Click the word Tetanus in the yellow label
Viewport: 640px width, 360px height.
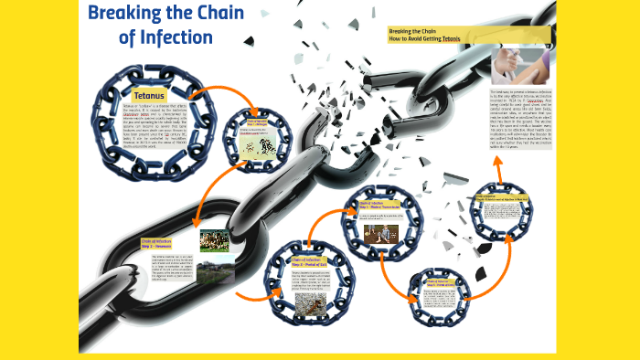click(x=148, y=95)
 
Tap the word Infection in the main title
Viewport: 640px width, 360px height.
click(x=177, y=37)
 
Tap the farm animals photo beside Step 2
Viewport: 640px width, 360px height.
click(x=213, y=239)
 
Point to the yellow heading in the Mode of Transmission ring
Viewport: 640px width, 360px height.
click(x=378, y=206)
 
